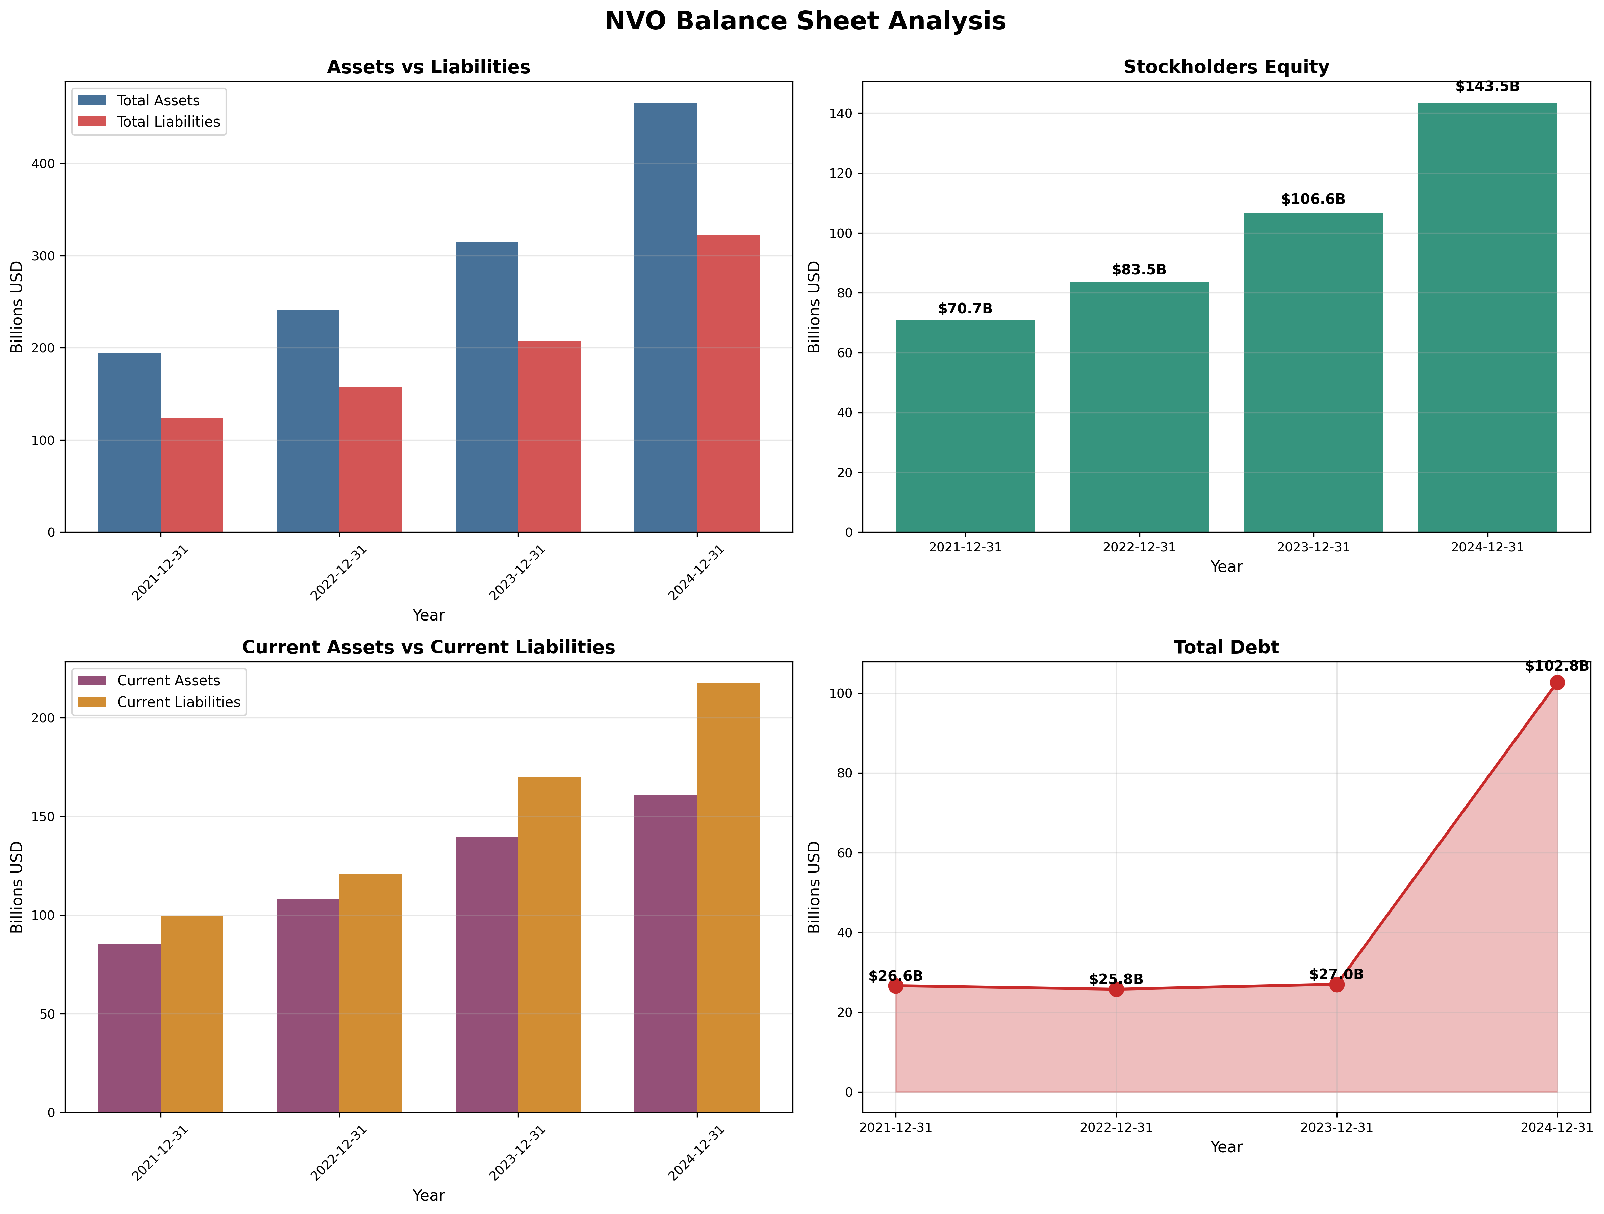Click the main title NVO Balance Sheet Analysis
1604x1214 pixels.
[x=805, y=21]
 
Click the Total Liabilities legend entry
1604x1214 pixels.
[x=168, y=122]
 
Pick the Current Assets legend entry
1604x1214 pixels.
[x=168, y=681]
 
